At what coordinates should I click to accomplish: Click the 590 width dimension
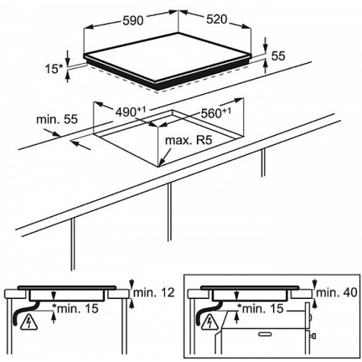tap(133, 20)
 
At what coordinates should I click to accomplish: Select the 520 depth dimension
tap(216, 20)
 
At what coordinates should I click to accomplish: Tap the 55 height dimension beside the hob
tap(278, 56)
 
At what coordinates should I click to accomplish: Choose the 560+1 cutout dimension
tap(216, 112)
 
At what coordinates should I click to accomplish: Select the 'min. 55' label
tap(57, 119)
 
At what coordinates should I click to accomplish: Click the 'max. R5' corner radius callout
tap(188, 140)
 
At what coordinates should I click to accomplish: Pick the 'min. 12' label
tap(153, 292)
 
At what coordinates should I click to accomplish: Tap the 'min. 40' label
tap(337, 292)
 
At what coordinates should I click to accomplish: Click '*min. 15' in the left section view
tap(75, 308)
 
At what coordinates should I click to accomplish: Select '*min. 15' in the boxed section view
tap(260, 308)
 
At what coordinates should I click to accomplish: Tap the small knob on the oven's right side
tap(313, 336)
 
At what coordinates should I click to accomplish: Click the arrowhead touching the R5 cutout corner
tap(161, 164)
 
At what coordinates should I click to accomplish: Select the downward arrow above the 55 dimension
tap(266, 45)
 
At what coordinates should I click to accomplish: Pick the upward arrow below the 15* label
tap(68, 77)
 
